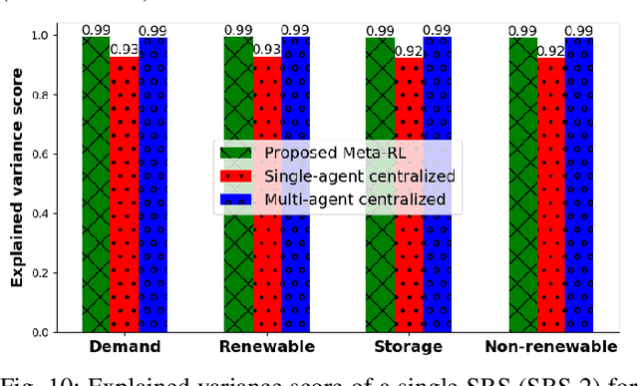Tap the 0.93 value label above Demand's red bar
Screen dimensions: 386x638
(x=125, y=49)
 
